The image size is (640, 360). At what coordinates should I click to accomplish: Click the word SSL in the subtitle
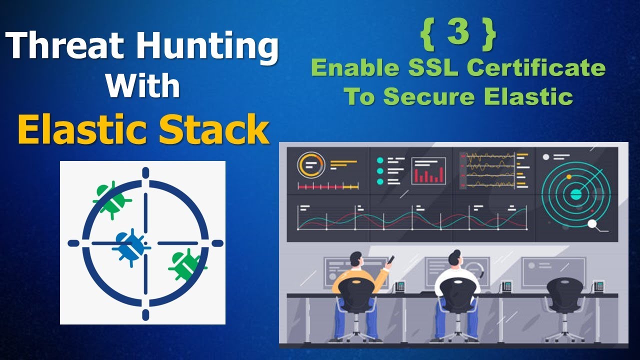click(423, 68)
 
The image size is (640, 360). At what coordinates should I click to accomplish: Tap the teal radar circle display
click(576, 193)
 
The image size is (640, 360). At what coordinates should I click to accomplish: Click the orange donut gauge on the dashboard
click(311, 164)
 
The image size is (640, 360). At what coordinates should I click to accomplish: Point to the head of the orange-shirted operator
click(356, 259)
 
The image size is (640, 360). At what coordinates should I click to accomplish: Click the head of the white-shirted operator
click(455, 258)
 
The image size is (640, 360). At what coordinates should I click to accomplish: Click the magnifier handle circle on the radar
click(592, 224)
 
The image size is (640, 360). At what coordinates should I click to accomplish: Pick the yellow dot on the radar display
click(568, 177)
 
